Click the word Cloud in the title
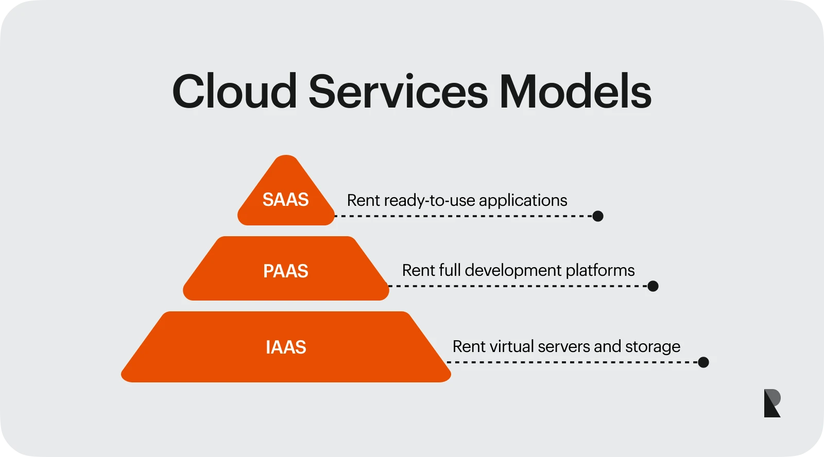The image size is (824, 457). (234, 92)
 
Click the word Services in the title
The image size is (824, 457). (398, 92)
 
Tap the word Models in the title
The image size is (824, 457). (575, 92)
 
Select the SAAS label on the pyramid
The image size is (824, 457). (285, 200)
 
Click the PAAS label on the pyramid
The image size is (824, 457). (285, 271)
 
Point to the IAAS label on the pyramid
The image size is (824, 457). (286, 347)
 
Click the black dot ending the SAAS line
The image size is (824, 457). (597, 216)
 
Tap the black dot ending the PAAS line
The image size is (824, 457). (653, 286)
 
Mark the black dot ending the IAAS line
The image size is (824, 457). (703, 362)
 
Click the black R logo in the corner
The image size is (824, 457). (772, 403)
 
